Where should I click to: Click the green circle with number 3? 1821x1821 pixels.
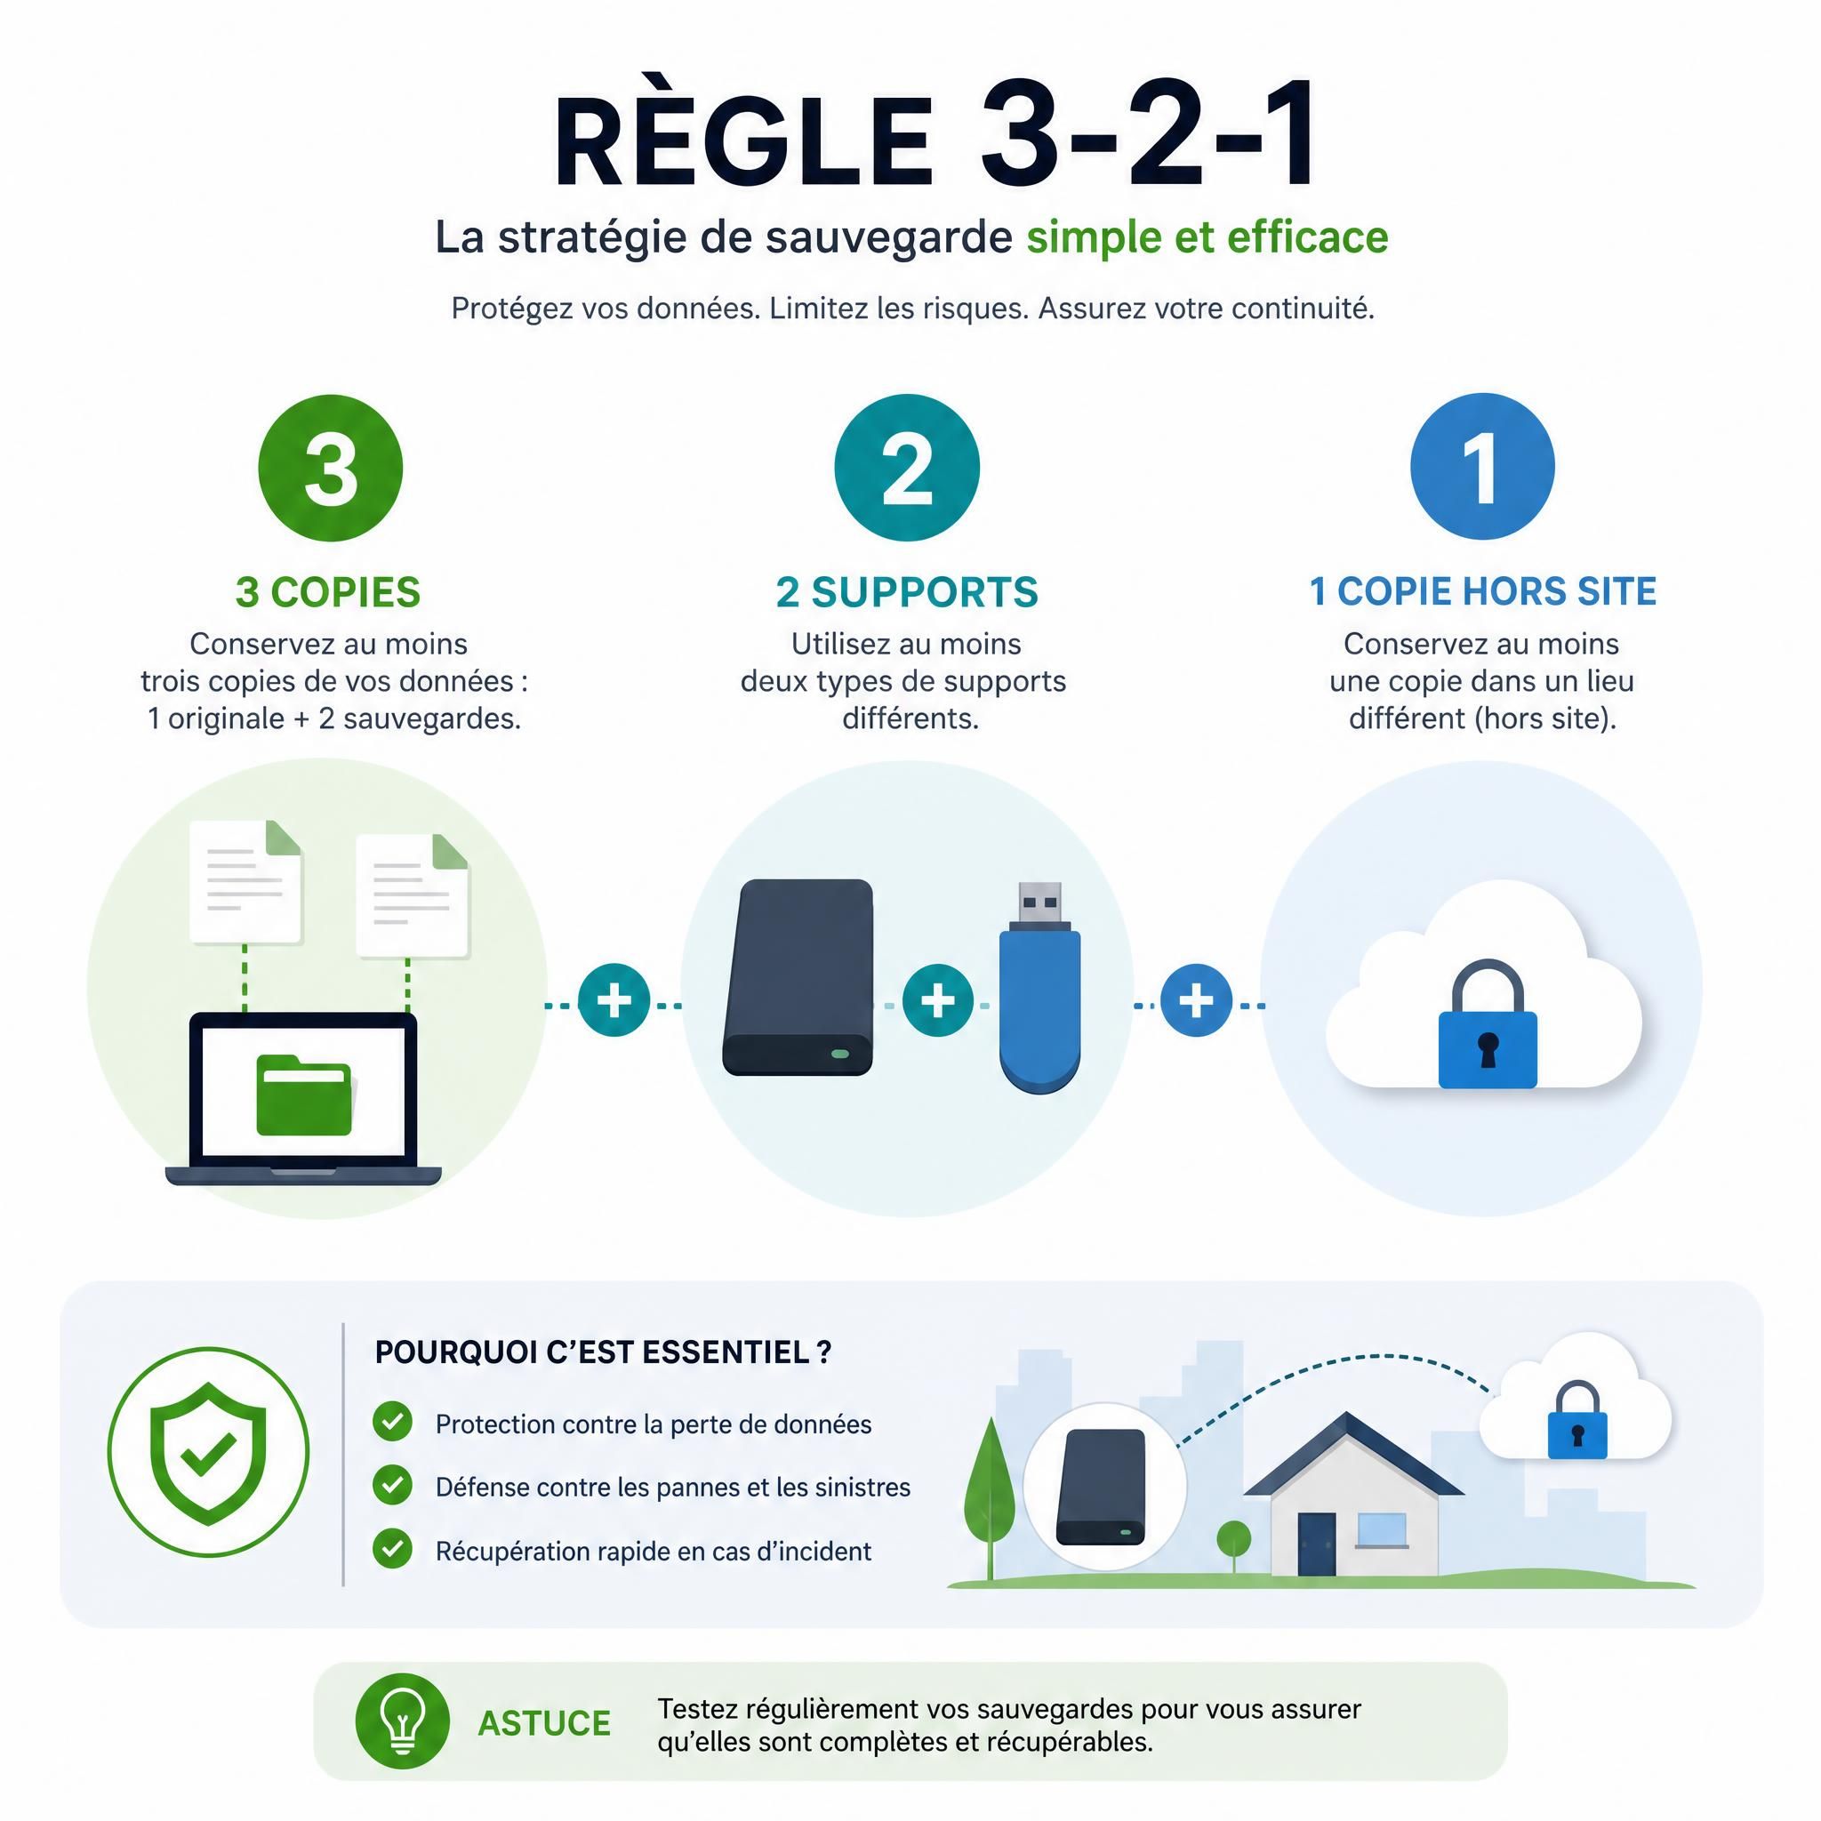coord(331,468)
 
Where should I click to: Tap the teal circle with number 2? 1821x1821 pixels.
coord(907,468)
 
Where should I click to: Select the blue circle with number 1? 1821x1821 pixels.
coord(1482,467)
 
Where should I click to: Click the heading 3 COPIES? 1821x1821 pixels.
coord(328,592)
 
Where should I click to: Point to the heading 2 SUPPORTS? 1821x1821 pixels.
coord(907,592)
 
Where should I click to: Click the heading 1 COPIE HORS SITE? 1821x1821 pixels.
coord(1482,591)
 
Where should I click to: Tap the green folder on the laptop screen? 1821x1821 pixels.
coord(304,1095)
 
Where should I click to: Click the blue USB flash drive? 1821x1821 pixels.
coord(1039,988)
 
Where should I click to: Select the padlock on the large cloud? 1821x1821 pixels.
coord(1488,1024)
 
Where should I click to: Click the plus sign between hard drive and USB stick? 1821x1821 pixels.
coord(938,1000)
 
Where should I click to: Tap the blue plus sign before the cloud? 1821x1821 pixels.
coord(1196,1000)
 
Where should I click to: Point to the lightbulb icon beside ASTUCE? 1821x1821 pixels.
coord(403,1721)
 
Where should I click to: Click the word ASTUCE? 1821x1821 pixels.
coord(544,1723)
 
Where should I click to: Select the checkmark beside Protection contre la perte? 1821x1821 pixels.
coord(392,1422)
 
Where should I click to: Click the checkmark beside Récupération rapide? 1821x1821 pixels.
coord(392,1549)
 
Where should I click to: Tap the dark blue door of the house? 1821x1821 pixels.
coord(1317,1544)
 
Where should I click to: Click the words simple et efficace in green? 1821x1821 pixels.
coord(1207,237)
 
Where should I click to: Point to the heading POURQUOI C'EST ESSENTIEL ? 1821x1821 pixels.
coord(603,1352)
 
